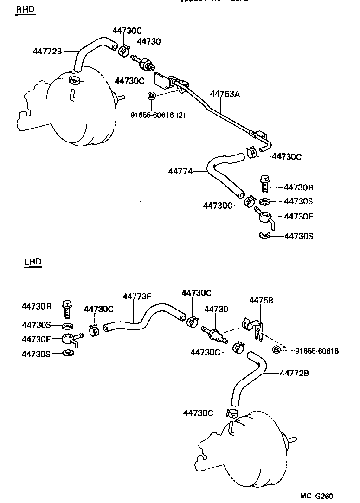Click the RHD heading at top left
click(25, 10)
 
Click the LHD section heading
click(32, 262)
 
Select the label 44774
click(180, 172)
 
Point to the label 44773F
click(137, 296)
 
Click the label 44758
click(261, 300)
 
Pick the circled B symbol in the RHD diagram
click(151, 96)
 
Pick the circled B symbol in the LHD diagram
click(276, 349)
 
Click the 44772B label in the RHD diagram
click(47, 51)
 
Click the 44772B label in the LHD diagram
click(295, 373)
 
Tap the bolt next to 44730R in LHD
click(67, 307)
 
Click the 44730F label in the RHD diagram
click(298, 216)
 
